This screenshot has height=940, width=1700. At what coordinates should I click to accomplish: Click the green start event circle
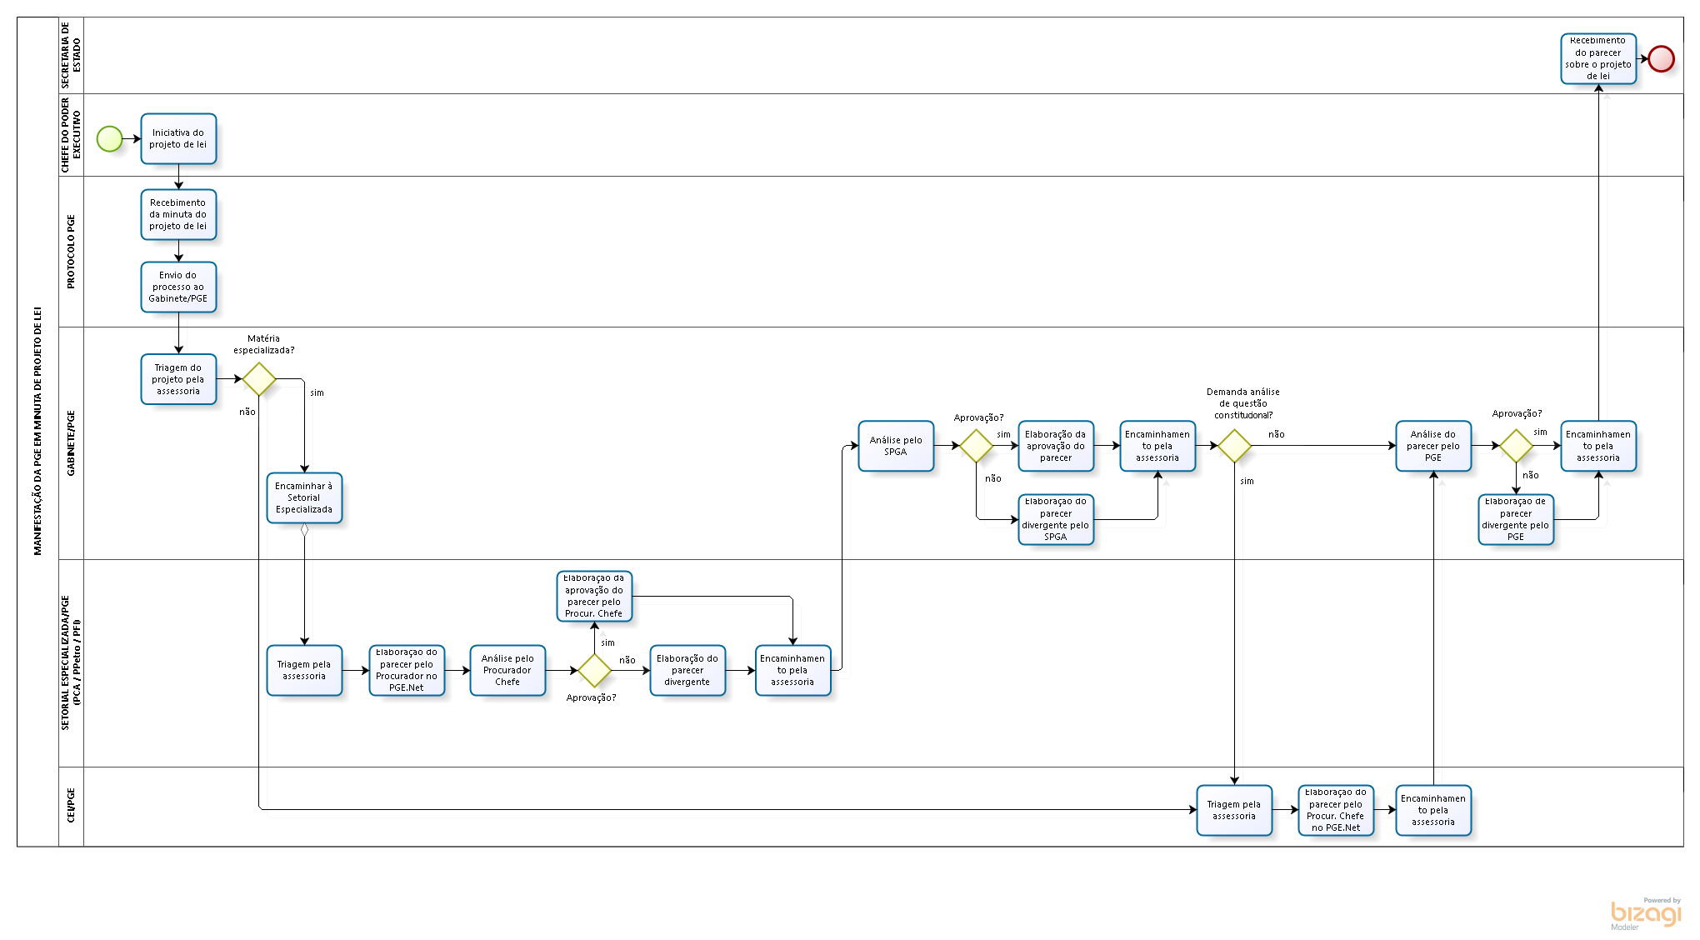[x=109, y=139]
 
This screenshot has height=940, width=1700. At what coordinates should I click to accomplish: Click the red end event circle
[x=1661, y=58]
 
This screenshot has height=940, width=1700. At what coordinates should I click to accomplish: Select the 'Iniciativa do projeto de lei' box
[x=178, y=138]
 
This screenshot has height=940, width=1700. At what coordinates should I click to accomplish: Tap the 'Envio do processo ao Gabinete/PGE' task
[x=178, y=287]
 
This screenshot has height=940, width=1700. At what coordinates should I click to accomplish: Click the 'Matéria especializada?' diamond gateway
[x=259, y=379]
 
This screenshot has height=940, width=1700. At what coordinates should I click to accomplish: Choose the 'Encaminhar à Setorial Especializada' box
[x=304, y=497]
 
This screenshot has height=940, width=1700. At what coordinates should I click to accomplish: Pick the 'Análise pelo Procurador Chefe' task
[x=507, y=670]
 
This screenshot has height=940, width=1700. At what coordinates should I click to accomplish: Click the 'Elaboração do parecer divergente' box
[x=687, y=670]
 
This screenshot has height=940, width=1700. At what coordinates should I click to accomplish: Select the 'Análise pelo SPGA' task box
[x=896, y=446]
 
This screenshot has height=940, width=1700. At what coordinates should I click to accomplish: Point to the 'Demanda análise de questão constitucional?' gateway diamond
[x=1234, y=446]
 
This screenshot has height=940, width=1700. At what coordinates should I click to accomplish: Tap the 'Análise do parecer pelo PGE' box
[x=1433, y=446]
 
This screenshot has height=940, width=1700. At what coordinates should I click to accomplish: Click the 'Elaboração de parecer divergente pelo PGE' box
[x=1516, y=519]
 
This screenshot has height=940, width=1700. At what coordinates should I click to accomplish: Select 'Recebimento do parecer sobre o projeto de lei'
[x=1598, y=58]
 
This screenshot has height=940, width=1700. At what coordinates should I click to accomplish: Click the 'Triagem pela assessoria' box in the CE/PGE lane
[x=1234, y=810]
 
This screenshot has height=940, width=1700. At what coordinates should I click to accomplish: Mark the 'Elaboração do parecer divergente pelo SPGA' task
[x=1056, y=519]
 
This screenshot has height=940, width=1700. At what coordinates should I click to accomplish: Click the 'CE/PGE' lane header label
[x=71, y=806]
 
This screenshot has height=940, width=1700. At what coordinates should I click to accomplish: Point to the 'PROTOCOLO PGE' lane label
[x=71, y=252]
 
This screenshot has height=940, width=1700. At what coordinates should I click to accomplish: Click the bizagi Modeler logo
[x=1646, y=913]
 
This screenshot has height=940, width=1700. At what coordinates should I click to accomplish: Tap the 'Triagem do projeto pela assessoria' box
[x=178, y=379]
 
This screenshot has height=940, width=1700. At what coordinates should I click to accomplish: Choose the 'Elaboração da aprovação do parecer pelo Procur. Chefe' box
[x=594, y=596]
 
